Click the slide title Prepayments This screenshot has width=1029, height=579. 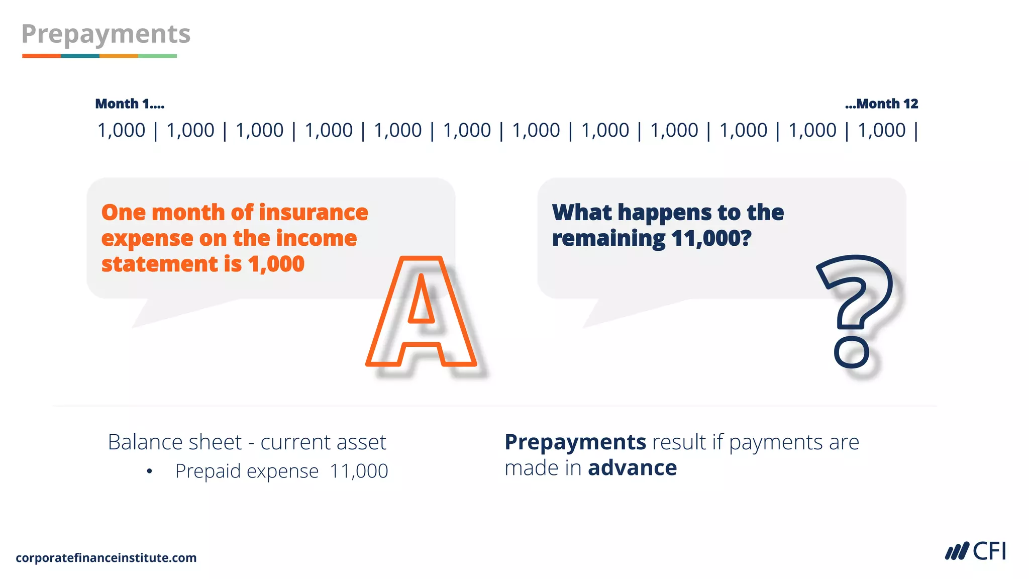pyautogui.click(x=106, y=34)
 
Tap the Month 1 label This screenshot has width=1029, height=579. pyautogui.click(x=129, y=104)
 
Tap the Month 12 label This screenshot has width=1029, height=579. pyautogui.click(x=882, y=104)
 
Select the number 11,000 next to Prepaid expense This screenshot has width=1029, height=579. pyautogui.click(x=359, y=471)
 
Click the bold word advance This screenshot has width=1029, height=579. pyautogui.click(x=632, y=468)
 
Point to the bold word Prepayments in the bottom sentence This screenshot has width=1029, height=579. pyautogui.click(x=575, y=442)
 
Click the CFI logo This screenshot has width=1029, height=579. pyautogui.click(x=975, y=551)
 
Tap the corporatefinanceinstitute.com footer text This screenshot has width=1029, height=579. pyautogui.click(x=106, y=558)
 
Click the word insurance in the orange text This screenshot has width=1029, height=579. pyautogui.click(x=314, y=213)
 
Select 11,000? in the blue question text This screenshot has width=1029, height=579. pyautogui.click(x=711, y=238)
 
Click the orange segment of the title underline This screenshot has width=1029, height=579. pyautogui.click(x=41, y=56)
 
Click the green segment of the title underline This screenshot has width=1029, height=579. pyautogui.click(x=157, y=56)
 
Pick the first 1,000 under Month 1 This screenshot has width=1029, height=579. pyautogui.click(x=121, y=131)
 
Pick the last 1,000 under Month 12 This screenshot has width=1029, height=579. pyautogui.click(x=881, y=131)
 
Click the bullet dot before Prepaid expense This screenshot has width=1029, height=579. pyautogui.click(x=149, y=471)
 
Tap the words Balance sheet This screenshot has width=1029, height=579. pyautogui.click(x=175, y=442)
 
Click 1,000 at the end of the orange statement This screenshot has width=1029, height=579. pyautogui.click(x=276, y=264)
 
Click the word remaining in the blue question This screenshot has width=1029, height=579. pyautogui.click(x=608, y=238)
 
